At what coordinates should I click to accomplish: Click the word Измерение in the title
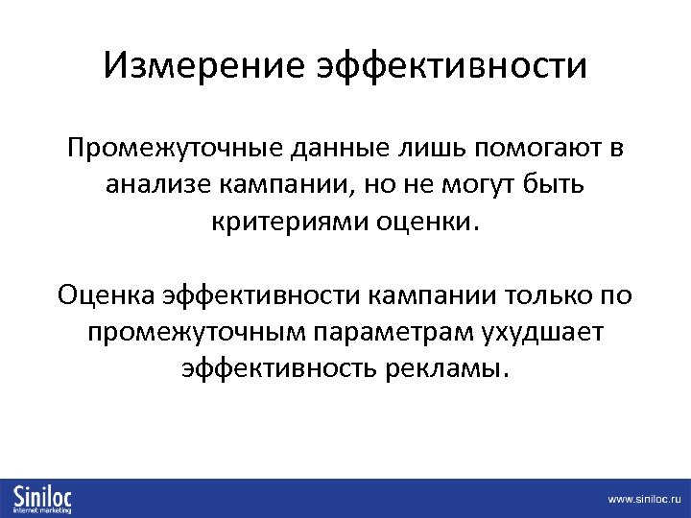[203, 67]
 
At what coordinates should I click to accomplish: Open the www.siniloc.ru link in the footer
[642, 500]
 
